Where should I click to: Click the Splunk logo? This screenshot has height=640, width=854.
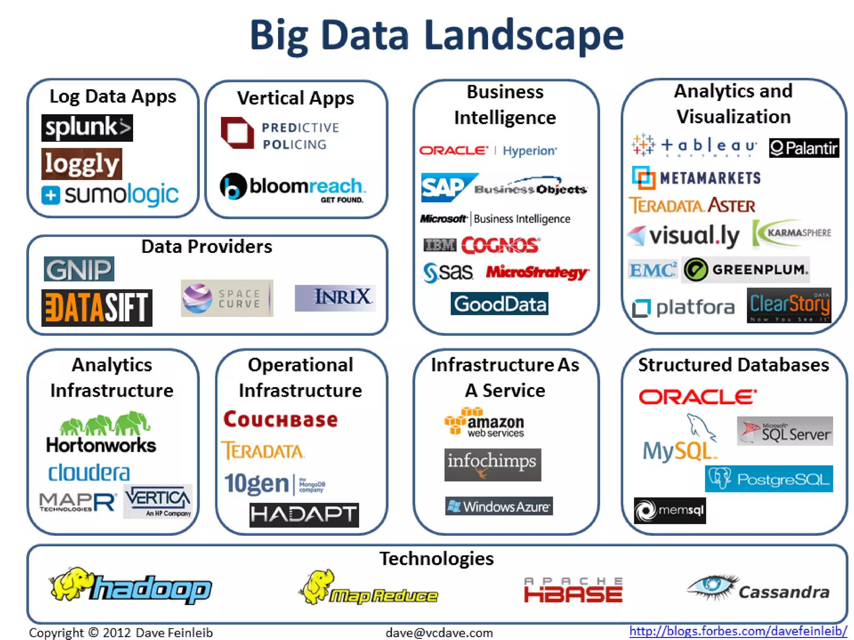(x=87, y=127)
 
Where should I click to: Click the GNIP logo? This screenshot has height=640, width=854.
(x=79, y=269)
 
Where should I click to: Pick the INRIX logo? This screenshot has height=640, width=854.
(x=335, y=298)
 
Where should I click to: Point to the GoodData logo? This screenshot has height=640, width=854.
(x=499, y=304)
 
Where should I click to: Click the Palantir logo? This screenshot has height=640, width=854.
(x=804, y=148)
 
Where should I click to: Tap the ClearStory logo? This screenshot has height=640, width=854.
(x=789, y=305)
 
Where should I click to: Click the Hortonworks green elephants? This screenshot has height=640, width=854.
(x=104, y=423)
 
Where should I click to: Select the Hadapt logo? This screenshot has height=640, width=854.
(x=304, y=515)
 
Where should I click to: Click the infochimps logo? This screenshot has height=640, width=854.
(x=492, y=465)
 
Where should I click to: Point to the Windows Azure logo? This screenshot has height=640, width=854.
(x=499, y=506)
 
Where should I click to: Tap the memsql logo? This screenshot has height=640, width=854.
(x=670, y=510)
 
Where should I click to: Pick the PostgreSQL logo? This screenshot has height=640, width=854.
(x=769, y=479)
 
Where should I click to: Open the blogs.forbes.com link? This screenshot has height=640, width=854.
(x=738, y=631)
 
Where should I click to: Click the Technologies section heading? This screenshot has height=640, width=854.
(x=436, y=558)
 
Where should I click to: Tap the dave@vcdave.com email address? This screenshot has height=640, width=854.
(x=439, y=632)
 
